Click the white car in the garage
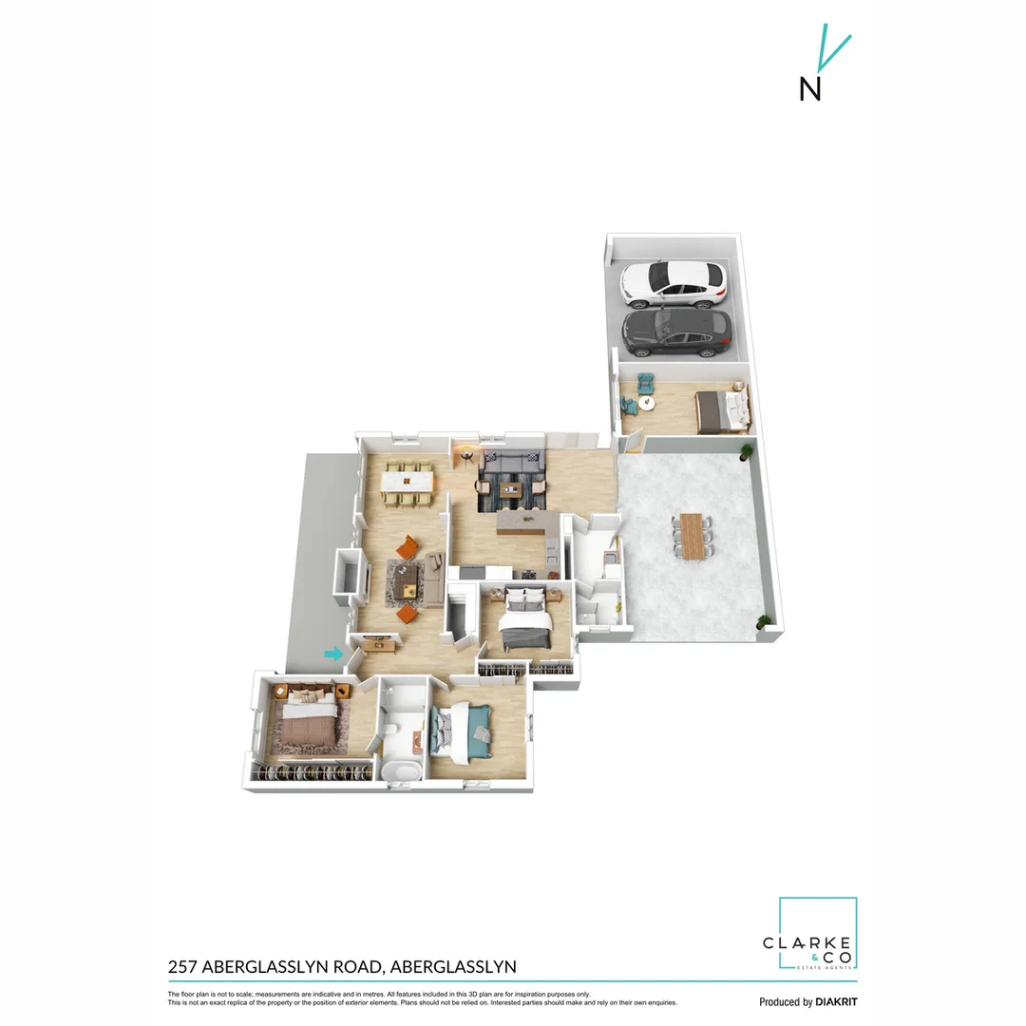click(673, 283)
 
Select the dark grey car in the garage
click(676, 332)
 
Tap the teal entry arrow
click(332, 654)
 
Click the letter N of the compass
click(809, 88)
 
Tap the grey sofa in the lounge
click(513, 465)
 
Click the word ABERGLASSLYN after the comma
click(453, 967)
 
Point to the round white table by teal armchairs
click(648, 403)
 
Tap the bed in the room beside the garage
click(722, 410)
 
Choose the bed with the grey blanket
click(524, 621)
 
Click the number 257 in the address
click(183, 967)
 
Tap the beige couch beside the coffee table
click(435, 572)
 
